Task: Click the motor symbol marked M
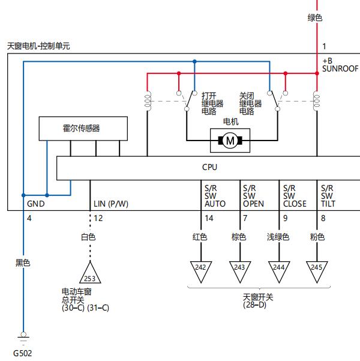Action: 230,141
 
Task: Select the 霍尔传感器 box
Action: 83,129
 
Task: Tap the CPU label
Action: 209,167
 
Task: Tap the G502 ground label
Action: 23,353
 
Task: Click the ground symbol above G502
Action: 23,338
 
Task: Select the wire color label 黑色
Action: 23,262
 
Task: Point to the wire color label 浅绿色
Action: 278,237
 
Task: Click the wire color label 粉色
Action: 317,237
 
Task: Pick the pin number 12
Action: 98,218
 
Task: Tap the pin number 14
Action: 209,218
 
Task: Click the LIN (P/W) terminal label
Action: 111,204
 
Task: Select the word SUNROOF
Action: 340,68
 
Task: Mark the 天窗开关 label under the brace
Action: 258,297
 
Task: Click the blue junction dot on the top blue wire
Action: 194,61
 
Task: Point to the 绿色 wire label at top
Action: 315,18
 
